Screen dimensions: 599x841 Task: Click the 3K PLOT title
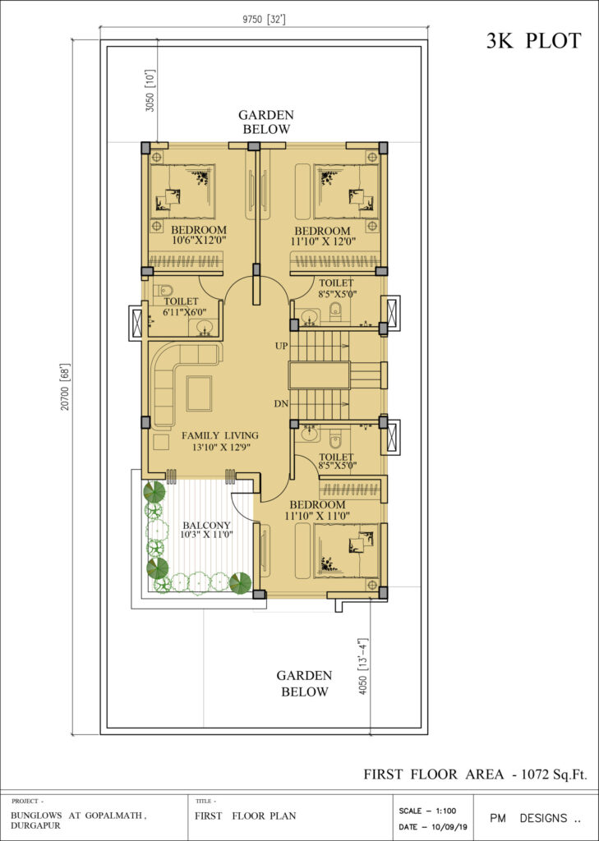533,41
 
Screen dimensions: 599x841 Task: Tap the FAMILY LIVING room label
219,435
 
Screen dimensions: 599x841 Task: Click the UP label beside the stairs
281,347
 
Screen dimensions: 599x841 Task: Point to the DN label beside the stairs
281,404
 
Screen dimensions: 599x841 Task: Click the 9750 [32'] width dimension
263,20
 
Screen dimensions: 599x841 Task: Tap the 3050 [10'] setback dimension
150,90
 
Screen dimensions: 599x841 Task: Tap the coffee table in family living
200,393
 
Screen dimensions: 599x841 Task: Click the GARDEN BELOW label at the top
266,122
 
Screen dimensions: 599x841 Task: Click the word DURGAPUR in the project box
36,826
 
